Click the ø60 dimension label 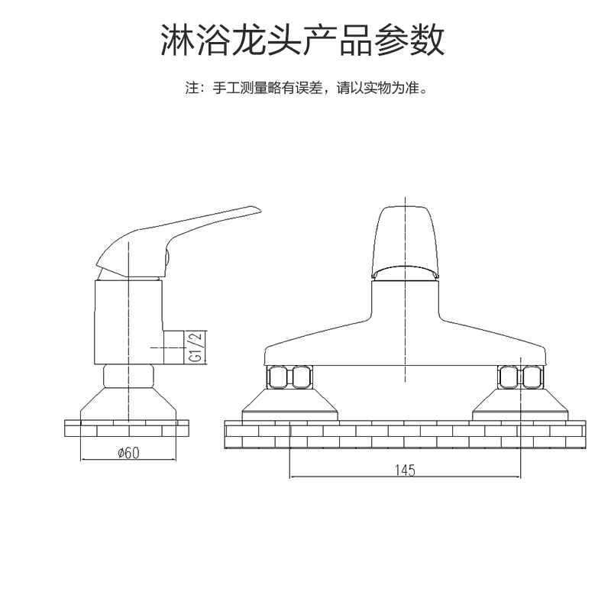pyautogui.click(x=128, y=452)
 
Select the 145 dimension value pyautogui.click(x=405, y=470)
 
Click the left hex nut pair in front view pyautogui.click(x=289, y=377)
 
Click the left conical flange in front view pyautogui.click(x=289, y=403)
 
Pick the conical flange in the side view pyautogui.click(x=128, y=403)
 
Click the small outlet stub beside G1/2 pyautogui.click(x=175, y=346)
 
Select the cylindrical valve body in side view pyautogui.click(x=128, y=321)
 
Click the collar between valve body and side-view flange pyautogui.click(x=128, y=375)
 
